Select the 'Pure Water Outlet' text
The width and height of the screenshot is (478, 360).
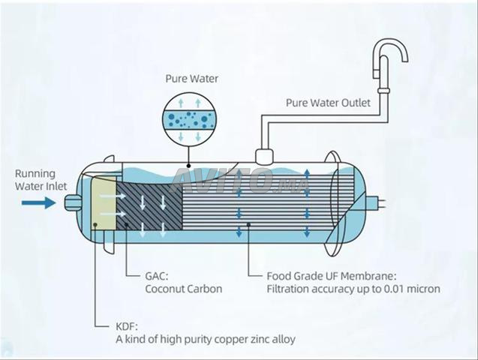point(327,103)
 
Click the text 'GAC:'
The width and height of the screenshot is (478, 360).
point(158,274)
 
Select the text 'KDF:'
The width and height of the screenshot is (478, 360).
point(128,325)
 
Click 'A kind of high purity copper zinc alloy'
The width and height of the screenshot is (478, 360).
point(205,339)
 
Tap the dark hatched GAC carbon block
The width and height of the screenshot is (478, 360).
point(150,202)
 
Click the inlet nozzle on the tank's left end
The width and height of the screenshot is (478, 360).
point(72,202)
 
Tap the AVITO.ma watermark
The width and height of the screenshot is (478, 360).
point(225,181)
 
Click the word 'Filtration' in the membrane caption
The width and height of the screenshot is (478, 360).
point(288,288)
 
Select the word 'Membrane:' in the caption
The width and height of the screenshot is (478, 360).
point(362,274)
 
